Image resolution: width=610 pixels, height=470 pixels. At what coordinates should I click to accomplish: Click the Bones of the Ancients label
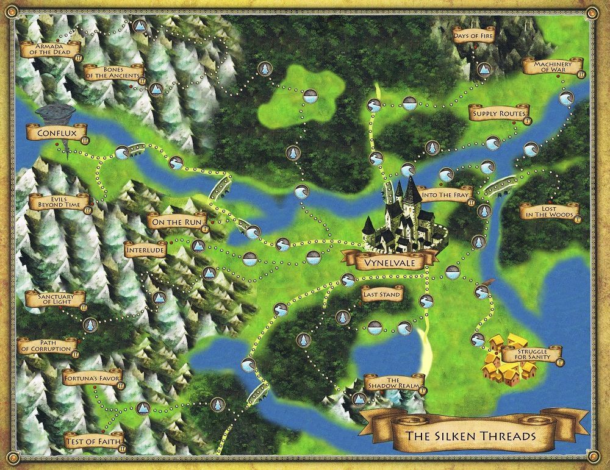coord(113,73)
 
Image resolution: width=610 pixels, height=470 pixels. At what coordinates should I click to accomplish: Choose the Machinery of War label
coord(551,66)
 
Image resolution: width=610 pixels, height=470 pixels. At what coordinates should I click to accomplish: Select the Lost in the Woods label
coord(549,210)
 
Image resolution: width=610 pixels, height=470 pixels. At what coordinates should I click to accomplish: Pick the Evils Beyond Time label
coord(59,201)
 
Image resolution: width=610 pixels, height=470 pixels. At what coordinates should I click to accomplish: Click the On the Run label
coord(176,222)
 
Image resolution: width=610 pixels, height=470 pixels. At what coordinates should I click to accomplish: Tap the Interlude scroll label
coord(146,250)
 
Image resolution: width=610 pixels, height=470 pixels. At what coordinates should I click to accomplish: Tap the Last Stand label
coord(381,295)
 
